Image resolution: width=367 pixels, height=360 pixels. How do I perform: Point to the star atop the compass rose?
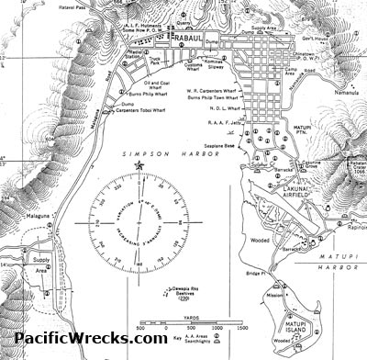click(139, 165)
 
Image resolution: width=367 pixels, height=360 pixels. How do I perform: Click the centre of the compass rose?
click(139, 222)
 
